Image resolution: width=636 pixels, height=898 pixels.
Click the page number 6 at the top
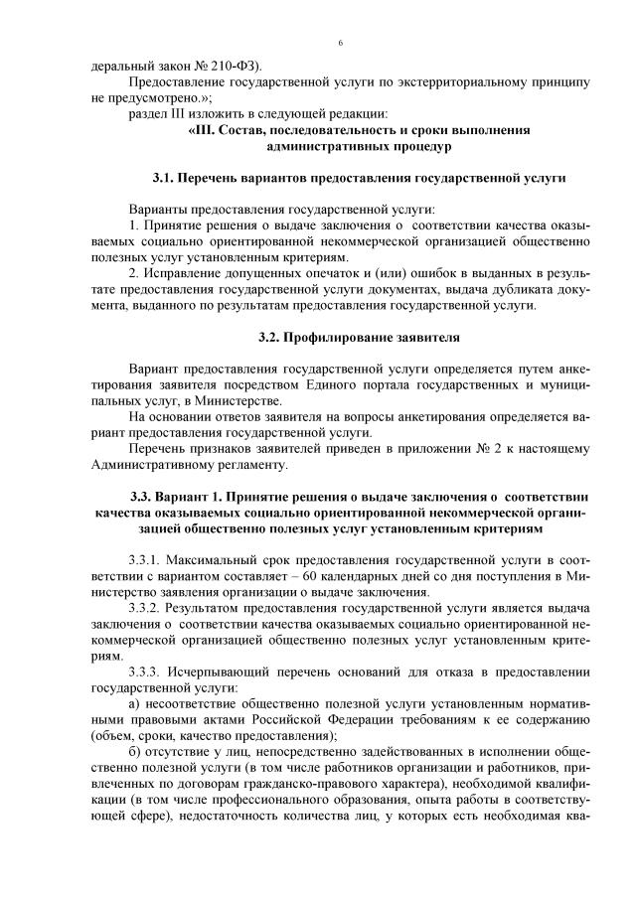click(x=340, y=44)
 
